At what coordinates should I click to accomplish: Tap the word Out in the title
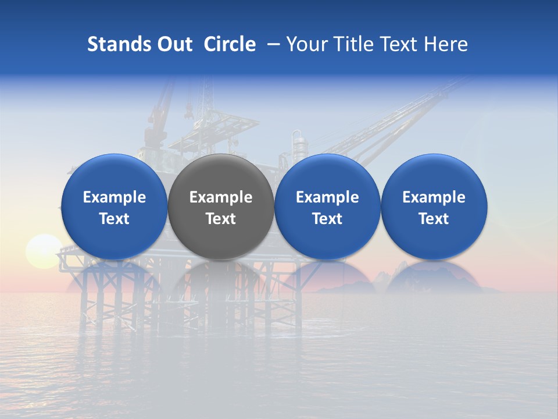tap(173, 44)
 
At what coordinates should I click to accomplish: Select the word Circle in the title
tap(230, 44)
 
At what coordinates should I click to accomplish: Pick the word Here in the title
tap(446, 44)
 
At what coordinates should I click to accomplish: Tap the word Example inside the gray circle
tap(221, 197)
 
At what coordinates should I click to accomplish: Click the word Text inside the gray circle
tap(221, 219)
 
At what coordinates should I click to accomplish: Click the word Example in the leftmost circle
tap(115, 197)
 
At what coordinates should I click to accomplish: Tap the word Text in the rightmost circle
tap(434, 219)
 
